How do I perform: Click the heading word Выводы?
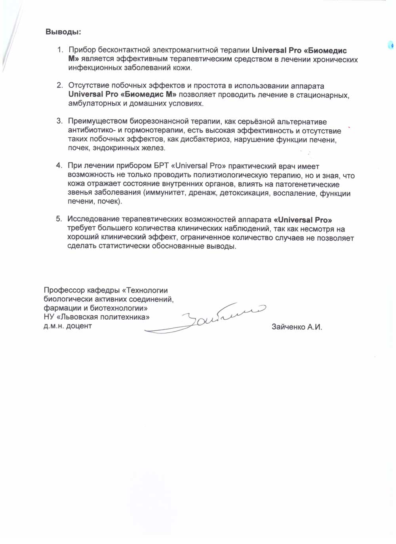pos(63,32)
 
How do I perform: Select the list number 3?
pos(59,121)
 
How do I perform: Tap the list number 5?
pos(59,219)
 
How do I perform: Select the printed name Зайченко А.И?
pos(297,327)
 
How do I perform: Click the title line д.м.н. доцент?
pos(68,326)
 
